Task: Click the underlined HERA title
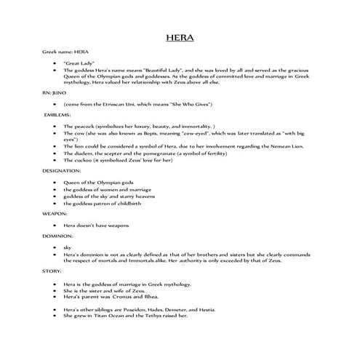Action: pos(180,38)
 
